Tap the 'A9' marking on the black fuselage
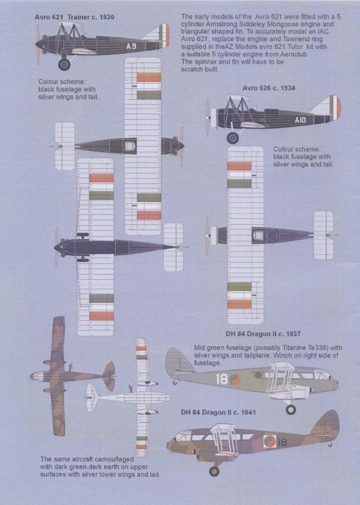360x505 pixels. (x=131, y=46)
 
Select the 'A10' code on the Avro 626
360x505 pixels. (x=300, y=119)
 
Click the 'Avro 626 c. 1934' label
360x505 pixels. (x=269, y=88)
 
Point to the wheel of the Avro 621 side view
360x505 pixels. (x=64, y=64)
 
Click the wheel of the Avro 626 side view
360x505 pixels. (x=233, y=137)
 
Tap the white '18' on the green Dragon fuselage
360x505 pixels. (x=222, y=379)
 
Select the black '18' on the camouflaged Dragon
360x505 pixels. (x=282, y=442)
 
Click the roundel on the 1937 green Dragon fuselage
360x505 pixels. (x=235, y=380)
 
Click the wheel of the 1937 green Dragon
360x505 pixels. (x=290, y=409)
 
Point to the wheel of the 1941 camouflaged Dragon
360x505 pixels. (x=214, y=471)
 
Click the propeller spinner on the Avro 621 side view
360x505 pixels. (x=37, y=43)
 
